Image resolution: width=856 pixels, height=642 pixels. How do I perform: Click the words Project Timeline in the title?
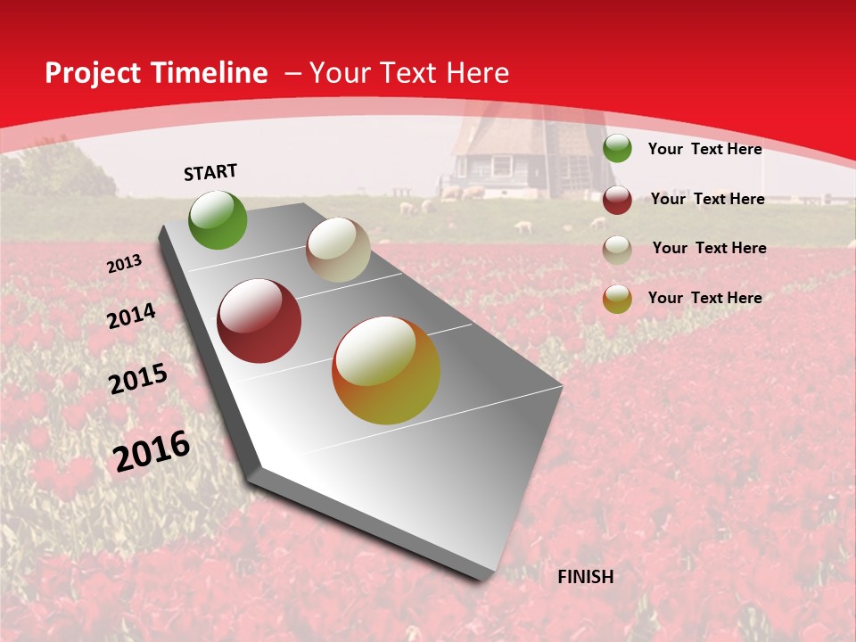[x=156, y=73]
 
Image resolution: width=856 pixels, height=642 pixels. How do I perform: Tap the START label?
[x=210, y=172]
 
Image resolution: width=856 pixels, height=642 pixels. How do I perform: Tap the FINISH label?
[x=585, y=577]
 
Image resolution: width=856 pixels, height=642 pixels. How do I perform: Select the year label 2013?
[x=124, y=264]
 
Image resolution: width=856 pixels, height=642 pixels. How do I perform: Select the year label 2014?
[x=131, y=317]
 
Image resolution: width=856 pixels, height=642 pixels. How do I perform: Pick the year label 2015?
[x=138, y=379]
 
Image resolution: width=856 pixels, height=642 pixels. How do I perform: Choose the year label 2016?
[x=152, y=451]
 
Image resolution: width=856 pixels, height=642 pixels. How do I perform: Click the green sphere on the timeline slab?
[x=218, y=220]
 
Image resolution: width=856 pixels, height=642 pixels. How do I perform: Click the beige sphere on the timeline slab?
[x=338, y=250]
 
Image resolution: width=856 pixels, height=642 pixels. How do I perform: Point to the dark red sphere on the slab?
[x=259, y=321]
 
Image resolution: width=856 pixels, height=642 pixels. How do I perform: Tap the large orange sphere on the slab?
[x=386, y=370]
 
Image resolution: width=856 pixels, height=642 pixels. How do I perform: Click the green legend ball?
[x=617, y=148]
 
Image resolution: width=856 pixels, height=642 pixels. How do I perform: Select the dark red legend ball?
[x=617, y=200]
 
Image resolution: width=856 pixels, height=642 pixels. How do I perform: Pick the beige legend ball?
[x=617, y=250]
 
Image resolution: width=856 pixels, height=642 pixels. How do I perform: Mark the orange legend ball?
[x=617, y=299]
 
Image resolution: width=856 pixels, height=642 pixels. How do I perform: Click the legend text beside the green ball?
[x=704, y=149]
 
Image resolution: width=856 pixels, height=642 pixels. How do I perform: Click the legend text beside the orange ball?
[x=704, y=298]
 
